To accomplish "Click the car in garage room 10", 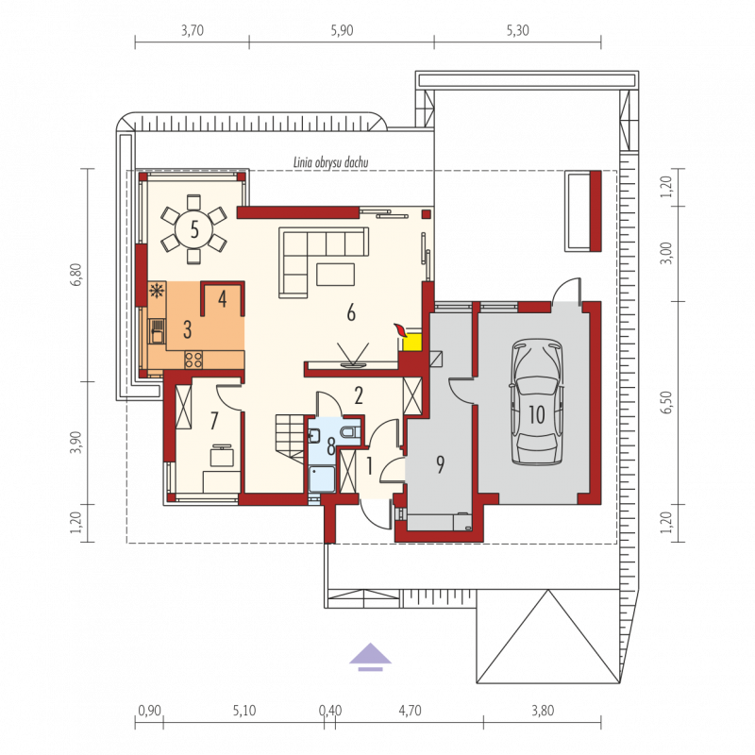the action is (537, 402).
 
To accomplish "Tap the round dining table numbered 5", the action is (194, 229).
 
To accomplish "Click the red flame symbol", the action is (400, 330).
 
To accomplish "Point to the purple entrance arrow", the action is (370, 657).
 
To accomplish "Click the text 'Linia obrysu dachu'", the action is (331, 162).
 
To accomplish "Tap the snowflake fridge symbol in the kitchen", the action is (157, 291).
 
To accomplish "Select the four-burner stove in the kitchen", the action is (193, 360).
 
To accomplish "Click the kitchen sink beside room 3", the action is (157, 331).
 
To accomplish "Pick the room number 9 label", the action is (440, 464).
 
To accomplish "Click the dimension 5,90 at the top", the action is (342, 31).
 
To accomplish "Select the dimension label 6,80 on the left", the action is (79, 275).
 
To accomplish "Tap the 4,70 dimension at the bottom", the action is (410, 711).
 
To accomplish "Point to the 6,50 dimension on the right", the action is (666, 403).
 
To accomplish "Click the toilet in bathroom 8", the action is (350, 432).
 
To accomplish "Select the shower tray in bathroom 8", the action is (322, 478).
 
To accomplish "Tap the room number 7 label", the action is (214, 421).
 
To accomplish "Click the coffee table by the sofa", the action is (335, 274).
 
